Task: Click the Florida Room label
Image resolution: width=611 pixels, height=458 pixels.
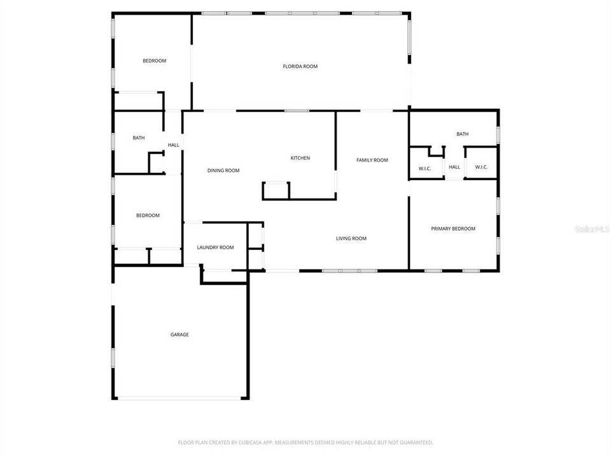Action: pyautogui.click(x=300, y=66)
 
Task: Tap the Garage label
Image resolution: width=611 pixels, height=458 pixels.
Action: pyautogui.click(x=179, y=335)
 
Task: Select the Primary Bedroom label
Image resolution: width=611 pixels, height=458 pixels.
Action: pyautogui.click(x=453, y=229)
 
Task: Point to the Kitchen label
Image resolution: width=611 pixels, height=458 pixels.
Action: pyautogui.click(x=300, y=158)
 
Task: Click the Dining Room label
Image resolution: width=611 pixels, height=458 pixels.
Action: pyautogui.click(x=223, y=170)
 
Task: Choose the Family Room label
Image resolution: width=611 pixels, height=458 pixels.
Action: pyautogui.click(x=372, y=160)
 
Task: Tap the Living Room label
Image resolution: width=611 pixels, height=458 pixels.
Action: pyautogui.click(x=351, y=239)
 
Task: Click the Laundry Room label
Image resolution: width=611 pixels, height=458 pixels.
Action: pyautogui.click(x=215, y=247)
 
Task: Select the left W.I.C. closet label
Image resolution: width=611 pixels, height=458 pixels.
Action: pyautogui.click(x=425, y=168)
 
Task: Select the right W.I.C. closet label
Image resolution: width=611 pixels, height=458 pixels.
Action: pyautogui.click(x=481, y=168)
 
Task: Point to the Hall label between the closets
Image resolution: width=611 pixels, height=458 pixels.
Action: pyautogui.click(x=454, y=168)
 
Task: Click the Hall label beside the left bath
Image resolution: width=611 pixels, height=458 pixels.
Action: pyautogui.click(x=173, y=145)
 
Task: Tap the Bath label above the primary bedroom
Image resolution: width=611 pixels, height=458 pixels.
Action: pyautogui.click(x=463, y=134)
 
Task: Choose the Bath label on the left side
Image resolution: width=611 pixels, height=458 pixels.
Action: pyautogui.click(x=139, y=138)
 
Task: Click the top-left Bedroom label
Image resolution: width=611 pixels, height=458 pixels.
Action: pyautogui.click(x=154, y=61)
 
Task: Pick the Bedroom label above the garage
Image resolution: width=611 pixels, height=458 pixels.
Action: pyautogui.click(x=148, y=216)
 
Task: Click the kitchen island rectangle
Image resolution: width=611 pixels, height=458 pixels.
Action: pyautogui.click(x=276, y=190)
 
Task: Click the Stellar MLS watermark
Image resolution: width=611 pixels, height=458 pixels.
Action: pyautogui.click(x=591, y=228)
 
